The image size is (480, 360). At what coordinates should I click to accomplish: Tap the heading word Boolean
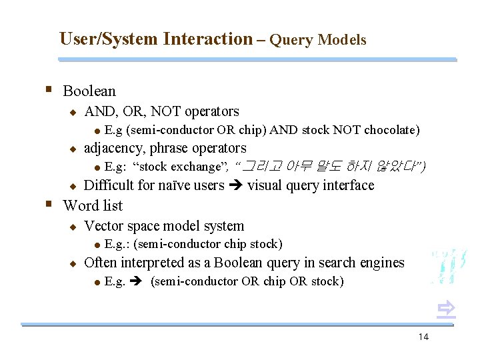[89, 91]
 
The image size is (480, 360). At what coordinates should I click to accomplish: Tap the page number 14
[423, 337]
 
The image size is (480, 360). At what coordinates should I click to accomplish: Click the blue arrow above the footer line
[446, 307]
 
